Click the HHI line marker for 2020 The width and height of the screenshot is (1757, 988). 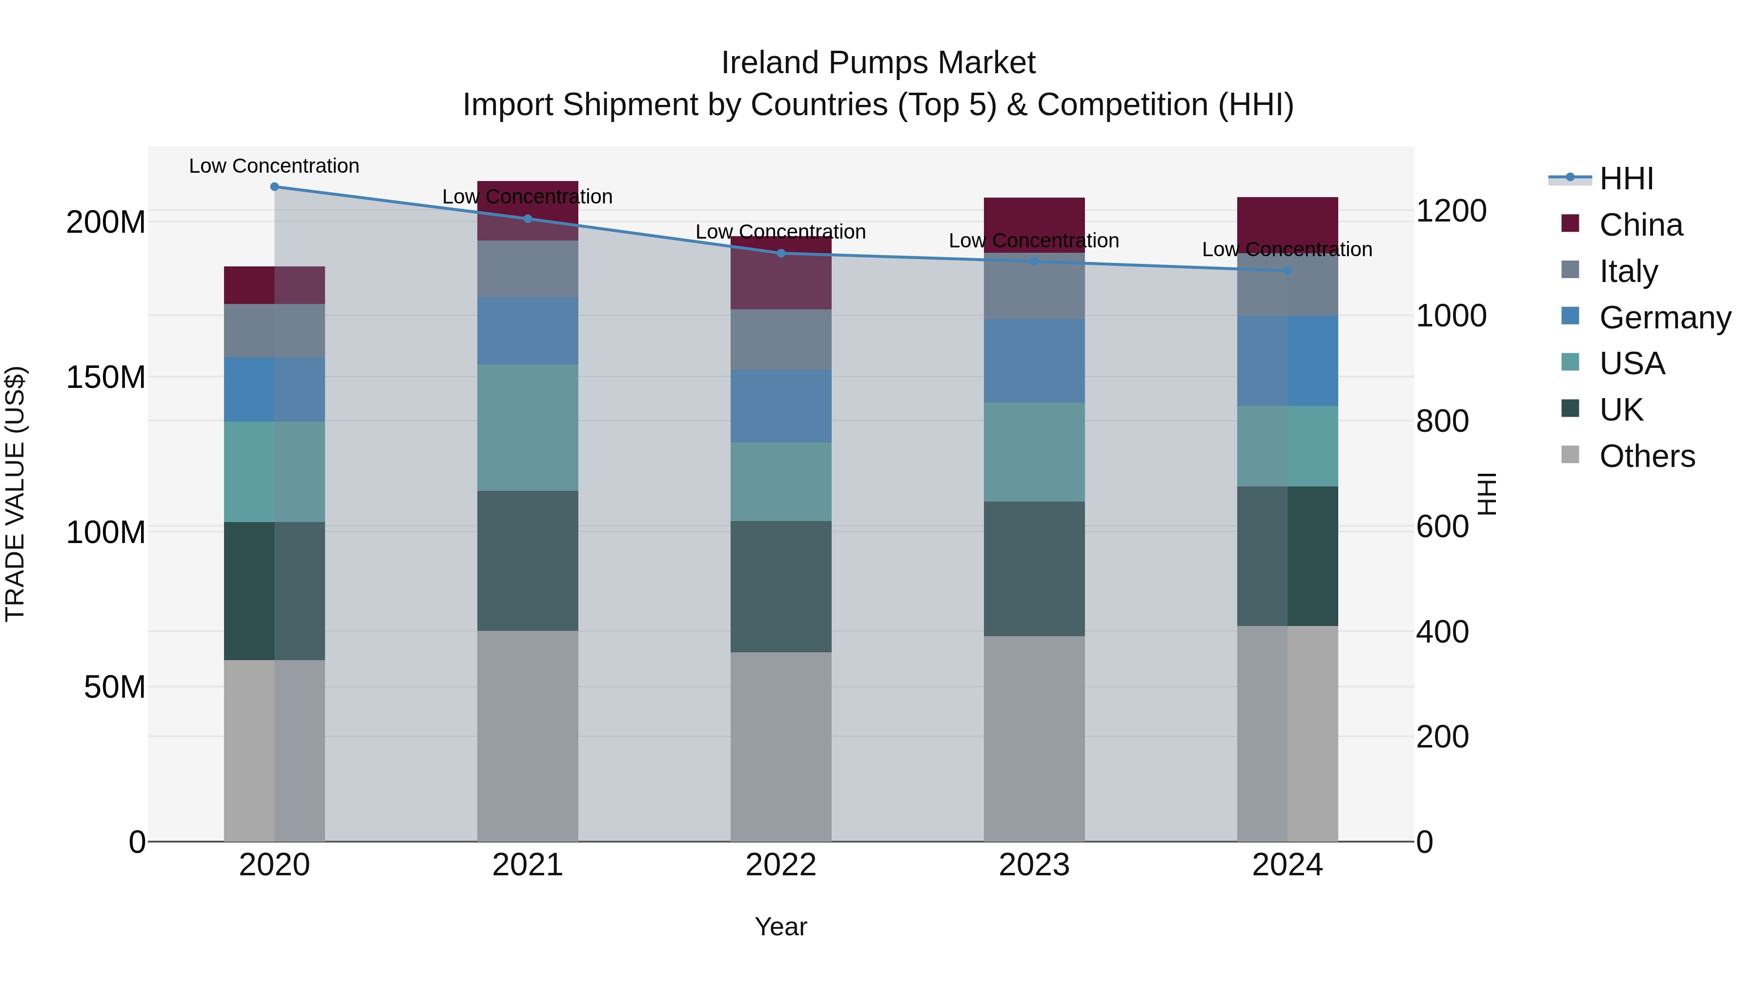[x=274, y=187]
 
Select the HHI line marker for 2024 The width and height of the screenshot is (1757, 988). [x=1287, y=271]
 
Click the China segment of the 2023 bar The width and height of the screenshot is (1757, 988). [x=1034, y=225]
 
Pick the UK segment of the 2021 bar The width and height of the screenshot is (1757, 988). [x=527, y=561]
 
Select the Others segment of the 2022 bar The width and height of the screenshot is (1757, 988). [x=781, y=746]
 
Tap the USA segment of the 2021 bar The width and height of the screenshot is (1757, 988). [x=527, y=427]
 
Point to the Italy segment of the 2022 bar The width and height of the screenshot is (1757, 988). [x=781, y=340]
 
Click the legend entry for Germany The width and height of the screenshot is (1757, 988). [x=1664, y=318]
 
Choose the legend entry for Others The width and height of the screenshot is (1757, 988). [x=1647, y=456]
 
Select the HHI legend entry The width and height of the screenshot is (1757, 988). [x=1626, y=179]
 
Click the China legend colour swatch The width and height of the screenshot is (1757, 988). [x=1570, y=223]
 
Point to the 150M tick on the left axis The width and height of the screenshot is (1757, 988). [x=106, y=377]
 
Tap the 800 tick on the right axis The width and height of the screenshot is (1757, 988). [x=1442, y=422]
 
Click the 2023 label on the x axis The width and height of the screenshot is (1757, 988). [x=1034, y=865]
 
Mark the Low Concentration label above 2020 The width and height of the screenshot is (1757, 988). [x=274, y=166]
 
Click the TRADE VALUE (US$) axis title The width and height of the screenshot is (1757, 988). [x=15, y=494]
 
